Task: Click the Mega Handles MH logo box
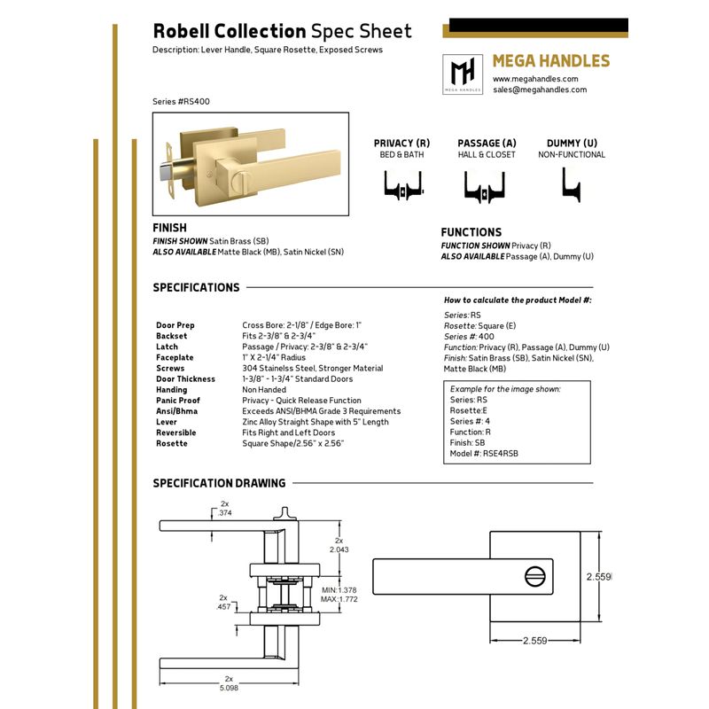pos(463,74)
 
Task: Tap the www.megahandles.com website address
pos(535,79)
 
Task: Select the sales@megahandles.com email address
pos(540,90)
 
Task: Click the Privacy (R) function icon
pos(403,185)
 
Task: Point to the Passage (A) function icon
pos(484,186)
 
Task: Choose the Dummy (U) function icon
pos(571,184)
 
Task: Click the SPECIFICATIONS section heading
pos(196,287)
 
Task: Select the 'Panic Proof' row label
pos(178,401)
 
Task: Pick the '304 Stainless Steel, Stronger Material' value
pos(313,368)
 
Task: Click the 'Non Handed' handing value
pos(264,389)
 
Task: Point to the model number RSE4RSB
pos(501,454)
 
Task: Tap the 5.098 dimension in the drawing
pos(229,688)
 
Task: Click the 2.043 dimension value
pos(339,549)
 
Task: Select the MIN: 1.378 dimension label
pos(339,590)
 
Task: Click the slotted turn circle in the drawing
pos(535,577)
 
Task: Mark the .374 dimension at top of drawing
pos(225,513)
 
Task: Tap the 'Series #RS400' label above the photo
pos(181,101)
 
